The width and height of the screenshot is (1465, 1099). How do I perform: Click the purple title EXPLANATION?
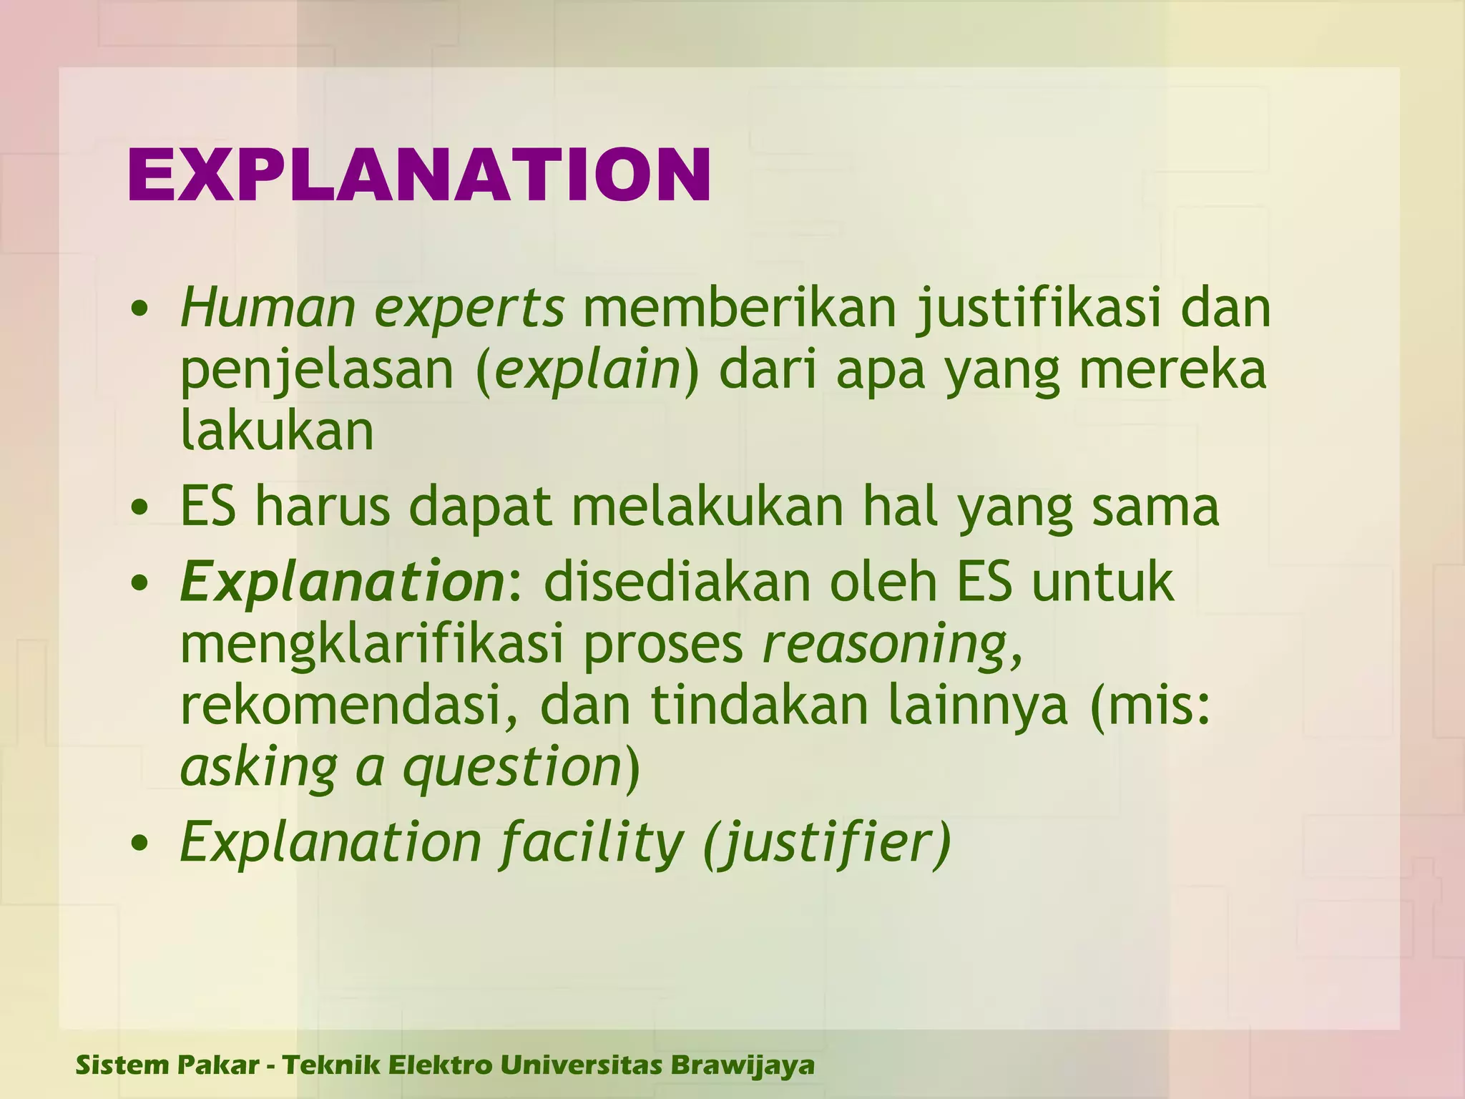click(x=419, y=175)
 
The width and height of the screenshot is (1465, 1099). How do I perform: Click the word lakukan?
click(x=277, y=431)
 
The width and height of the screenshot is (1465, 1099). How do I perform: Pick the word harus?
click(x=323, y=507)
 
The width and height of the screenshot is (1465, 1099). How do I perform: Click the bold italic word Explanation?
click(x=343, y=582)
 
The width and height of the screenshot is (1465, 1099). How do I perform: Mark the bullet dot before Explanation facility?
click(x=140, y=844)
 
